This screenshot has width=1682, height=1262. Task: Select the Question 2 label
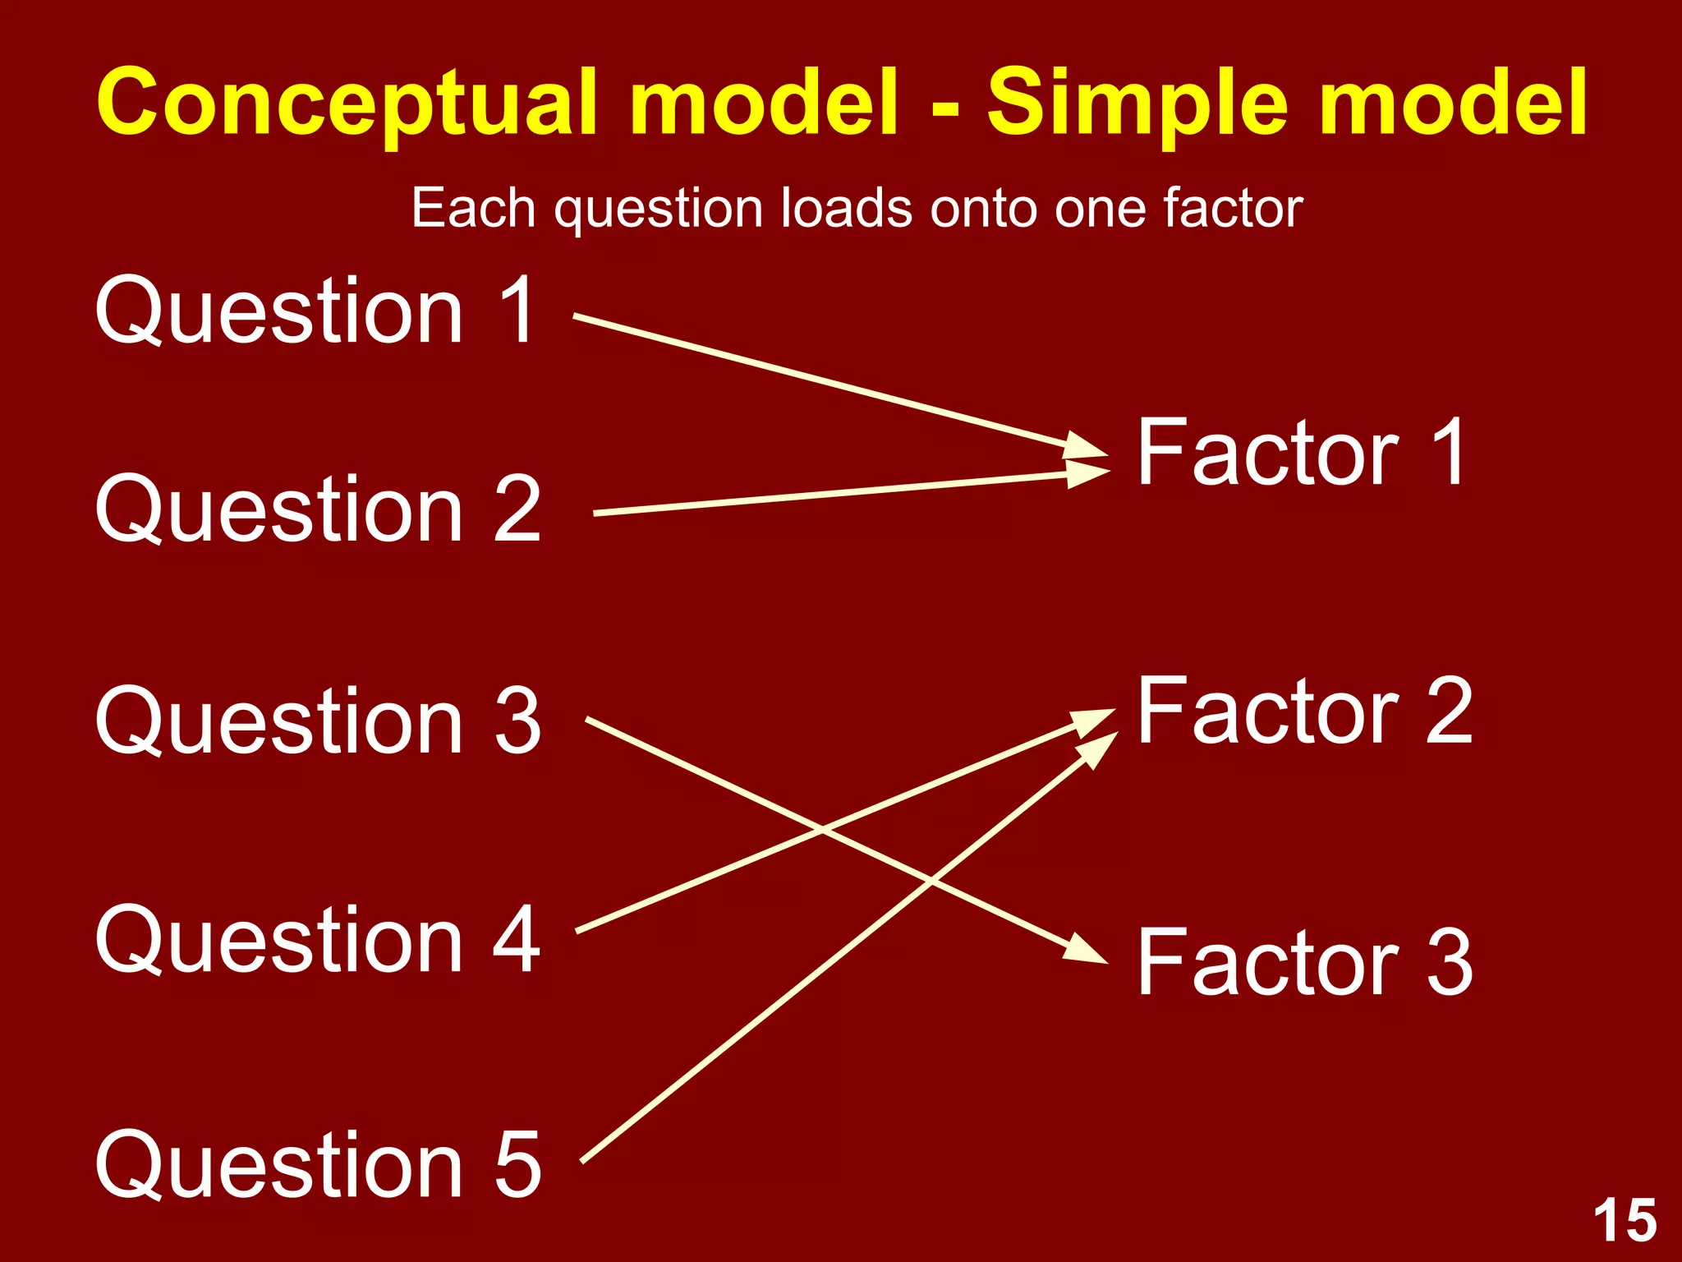pyautogui.click(x=318, y=509)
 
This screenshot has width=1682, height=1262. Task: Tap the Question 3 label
pyautogui.click(x=318, y=721)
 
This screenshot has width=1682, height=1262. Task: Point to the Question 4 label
pyautogui.click(x=318, y=938)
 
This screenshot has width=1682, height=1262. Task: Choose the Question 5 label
pyautogui.click(x=318, y=1163)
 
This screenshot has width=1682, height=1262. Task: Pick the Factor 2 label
pyautogui.click(x=1304, y=712)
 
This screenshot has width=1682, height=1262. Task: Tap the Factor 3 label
pyautogui.click(x=1304, y=962)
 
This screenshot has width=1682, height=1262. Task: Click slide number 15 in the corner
pyautogui.click(x=1625, y=1221)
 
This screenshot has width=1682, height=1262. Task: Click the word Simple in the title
pyautogui.click(x=1137, y=103)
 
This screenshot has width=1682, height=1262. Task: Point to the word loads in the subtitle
pyautogui.click(x=846, y=208)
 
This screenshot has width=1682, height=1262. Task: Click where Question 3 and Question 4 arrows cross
pyautogui.click(x=822, y=830)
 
